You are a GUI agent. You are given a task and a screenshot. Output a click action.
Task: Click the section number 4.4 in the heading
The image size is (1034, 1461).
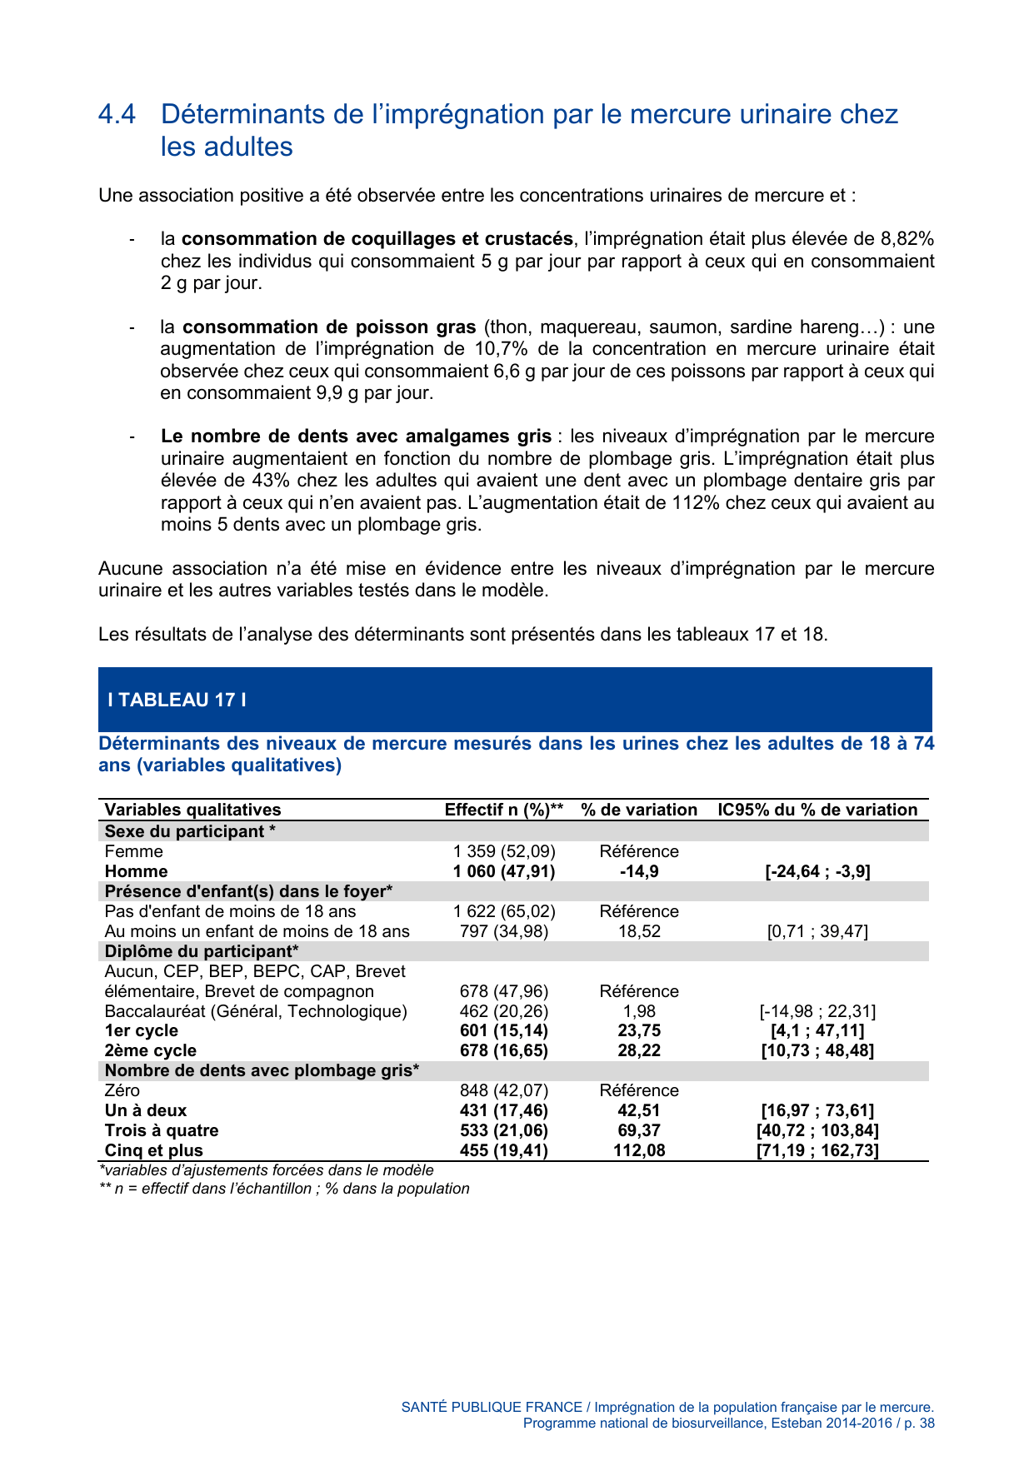(x=117, y=114)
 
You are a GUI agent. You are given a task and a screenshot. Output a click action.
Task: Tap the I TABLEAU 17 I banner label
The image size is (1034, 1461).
(x=177, y=700)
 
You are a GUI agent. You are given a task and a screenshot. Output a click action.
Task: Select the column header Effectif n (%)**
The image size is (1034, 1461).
(x=504, y=810)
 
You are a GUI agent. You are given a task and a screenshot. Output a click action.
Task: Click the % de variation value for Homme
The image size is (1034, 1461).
(x=639, y=871)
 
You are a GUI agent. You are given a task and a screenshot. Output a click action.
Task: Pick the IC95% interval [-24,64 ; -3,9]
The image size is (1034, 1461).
(x=817, y=871)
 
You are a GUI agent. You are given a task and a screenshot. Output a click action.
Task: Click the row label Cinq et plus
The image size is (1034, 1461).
(x=154, y=1150)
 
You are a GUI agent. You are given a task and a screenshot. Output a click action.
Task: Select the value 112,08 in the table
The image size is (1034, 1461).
(x=639, y=1150)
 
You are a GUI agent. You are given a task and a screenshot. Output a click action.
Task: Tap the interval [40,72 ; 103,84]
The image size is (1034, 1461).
(x=817, y=1130)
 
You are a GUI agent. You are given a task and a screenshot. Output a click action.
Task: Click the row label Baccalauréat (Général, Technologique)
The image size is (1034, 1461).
(x=256, y=1011)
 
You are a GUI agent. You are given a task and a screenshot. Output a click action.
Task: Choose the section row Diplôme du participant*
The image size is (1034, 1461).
(x=202, y=951)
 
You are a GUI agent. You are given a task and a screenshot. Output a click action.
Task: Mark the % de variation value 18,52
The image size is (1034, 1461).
(x=639, y=931)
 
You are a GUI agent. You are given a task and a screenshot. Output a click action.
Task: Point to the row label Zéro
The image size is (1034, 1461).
(x=122, y=1090)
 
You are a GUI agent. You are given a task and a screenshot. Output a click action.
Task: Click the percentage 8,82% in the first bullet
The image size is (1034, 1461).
(x=907, y=239)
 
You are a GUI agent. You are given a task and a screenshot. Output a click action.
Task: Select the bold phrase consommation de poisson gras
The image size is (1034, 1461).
(x=329, y=327)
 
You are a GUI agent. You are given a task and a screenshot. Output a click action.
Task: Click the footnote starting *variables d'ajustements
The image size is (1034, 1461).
(x=267, y=1170)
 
